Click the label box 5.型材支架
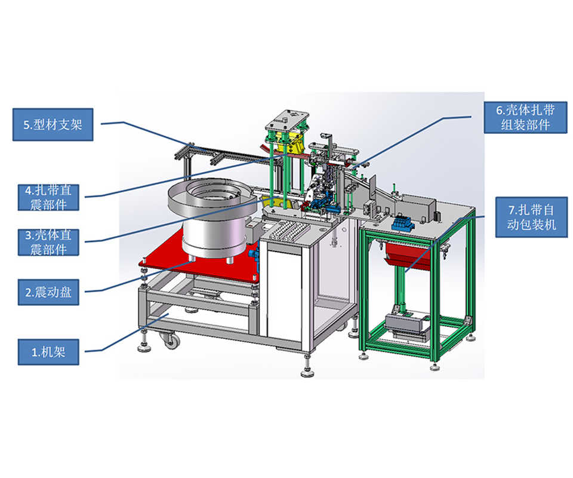[x=53, y=124]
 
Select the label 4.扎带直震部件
[x=48, y=198]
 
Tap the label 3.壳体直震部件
[x=48, y=242]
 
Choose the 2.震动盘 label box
[x=48, y=292]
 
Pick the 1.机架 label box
[x=48, y=352]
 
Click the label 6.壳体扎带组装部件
[x=525, y=117]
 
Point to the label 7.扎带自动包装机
[x=532, y=217]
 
